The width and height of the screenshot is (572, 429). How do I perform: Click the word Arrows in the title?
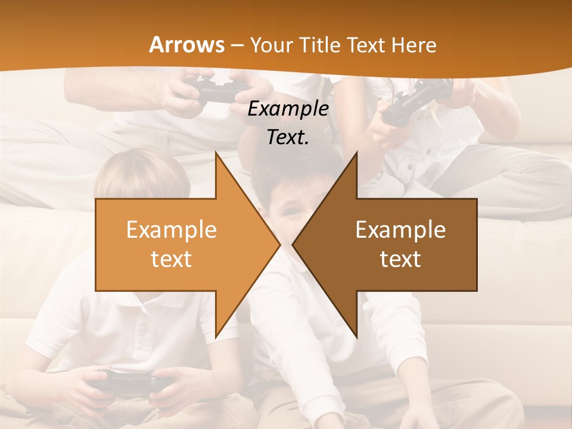tap(187, 45)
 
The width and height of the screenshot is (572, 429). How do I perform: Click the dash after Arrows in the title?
tap(237, 46)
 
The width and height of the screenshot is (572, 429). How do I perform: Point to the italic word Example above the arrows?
tap(288, 109)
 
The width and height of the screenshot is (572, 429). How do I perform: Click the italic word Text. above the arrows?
tap(288, 138)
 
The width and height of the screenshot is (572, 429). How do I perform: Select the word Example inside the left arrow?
tap(172, 230)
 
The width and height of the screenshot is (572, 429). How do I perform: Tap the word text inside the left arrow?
tap(172, 259)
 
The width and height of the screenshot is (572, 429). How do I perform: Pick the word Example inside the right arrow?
tap(400, 230)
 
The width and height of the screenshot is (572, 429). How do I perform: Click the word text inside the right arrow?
tap(400, 259)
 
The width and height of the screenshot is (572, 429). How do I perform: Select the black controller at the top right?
tap(417, 98)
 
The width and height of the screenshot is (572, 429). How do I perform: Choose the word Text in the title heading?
tap(369, 45)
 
